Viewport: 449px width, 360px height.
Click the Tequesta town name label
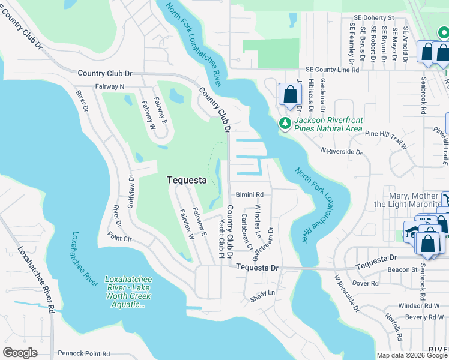(186, 180)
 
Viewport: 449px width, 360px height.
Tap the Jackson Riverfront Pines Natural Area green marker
(285, 124)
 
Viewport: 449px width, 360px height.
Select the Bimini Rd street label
(250, 194)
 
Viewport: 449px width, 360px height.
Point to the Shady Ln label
(262, 292)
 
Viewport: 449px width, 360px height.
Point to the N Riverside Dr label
(342, 152)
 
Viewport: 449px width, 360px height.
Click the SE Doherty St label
(373, 18)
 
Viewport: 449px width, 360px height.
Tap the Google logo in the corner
(20, 353)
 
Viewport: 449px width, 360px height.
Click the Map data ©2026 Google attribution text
(411, 355)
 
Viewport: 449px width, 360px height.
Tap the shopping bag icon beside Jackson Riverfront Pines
(290, 94)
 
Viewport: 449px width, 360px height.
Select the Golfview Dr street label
(132, 191)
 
